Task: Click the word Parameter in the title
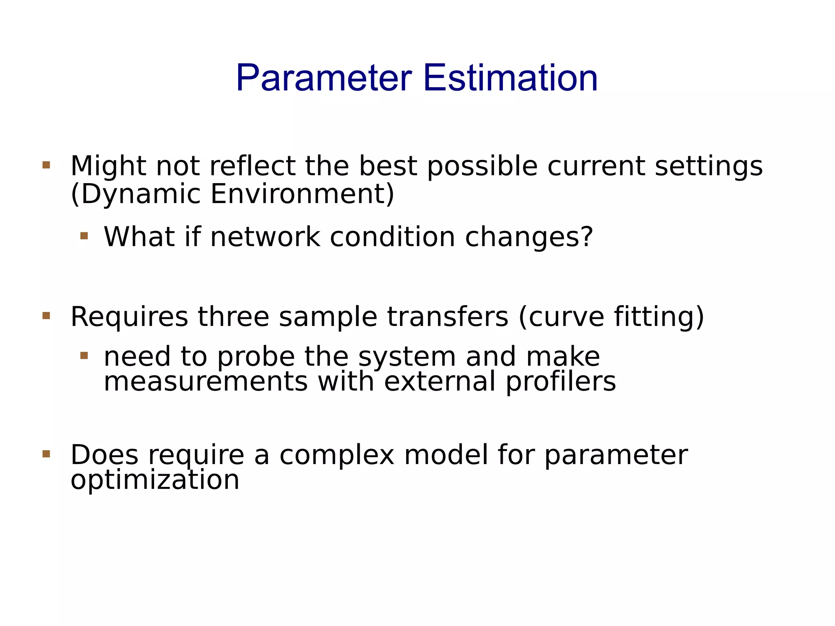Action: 324,78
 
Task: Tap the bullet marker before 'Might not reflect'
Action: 46,165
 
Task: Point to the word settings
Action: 709,167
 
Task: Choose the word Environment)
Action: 302,194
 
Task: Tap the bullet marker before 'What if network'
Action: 84,236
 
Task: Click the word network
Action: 265,237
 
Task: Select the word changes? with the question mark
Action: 529,237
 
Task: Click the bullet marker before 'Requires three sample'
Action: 46,316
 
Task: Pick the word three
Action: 234,317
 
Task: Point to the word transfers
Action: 448,317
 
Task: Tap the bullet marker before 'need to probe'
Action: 84,356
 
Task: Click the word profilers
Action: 561,382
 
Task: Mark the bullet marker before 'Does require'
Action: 46,454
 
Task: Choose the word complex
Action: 337,456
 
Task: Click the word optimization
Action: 155,480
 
